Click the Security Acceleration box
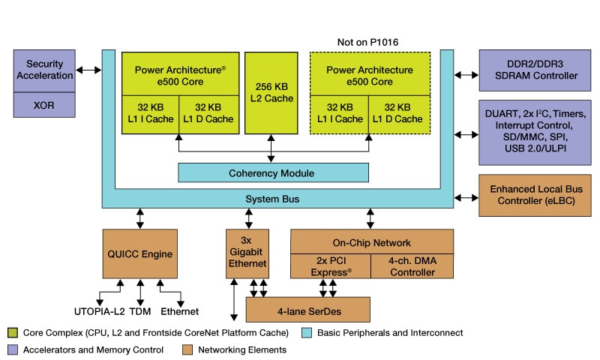[44, 70]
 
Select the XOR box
[44, 106]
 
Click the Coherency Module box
[272, 172]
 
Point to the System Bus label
[271, 199]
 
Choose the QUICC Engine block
[139, 253]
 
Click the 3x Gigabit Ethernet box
[247, 253]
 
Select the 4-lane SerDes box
[308, 309]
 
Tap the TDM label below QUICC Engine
[140, 310]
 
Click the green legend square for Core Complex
[12, 332]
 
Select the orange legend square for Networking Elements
[187, 349]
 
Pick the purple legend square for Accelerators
[12, 349]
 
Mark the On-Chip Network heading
[372, 242]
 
